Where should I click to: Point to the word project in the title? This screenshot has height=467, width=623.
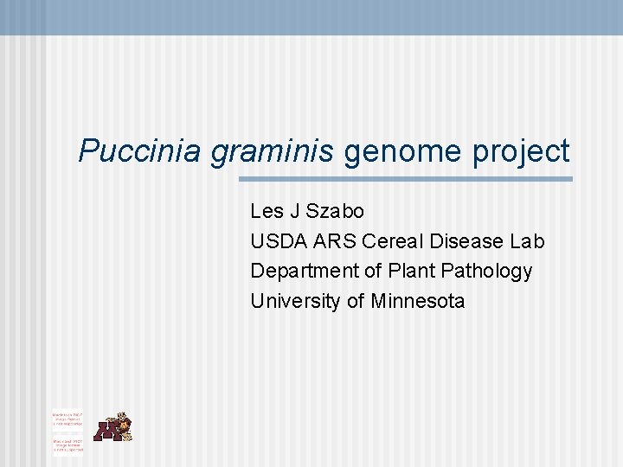coord(521,151)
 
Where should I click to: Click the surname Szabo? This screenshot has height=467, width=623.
coord(335,211)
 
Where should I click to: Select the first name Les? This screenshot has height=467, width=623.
coord(265,211)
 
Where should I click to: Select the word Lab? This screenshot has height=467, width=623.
coord(527,241)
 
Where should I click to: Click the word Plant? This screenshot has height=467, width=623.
coord(411,272)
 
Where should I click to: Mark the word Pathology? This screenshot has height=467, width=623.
coord(486,272)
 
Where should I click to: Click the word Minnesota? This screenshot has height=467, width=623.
coord(418,302)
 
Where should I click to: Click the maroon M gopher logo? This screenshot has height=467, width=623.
coord(112,427)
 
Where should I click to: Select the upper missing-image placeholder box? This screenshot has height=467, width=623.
coord(67,419)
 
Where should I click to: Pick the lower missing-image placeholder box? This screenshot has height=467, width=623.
coord(67,445)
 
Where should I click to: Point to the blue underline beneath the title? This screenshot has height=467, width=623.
coord(405,179)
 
